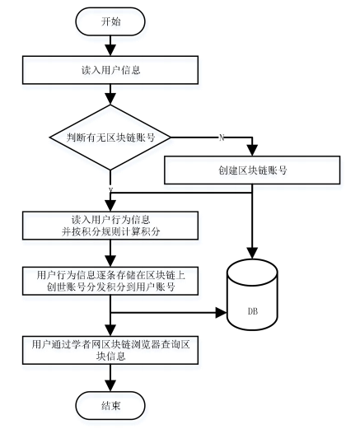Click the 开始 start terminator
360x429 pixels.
[110, 21]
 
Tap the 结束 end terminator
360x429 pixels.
[110, 405]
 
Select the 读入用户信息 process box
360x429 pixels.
[110, 70]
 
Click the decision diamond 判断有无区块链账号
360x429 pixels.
[110, 138]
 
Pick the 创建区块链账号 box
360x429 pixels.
[252, 170]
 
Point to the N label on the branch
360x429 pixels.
[222, 138]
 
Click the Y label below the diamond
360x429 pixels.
[110, 189]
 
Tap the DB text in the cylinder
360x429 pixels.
[253, 311]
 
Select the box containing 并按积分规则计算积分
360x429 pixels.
[110, 226]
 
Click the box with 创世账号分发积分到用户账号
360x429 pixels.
[110, 281]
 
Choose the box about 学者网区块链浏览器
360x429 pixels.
[110, 350]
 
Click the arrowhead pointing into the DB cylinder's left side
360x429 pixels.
[222, 312]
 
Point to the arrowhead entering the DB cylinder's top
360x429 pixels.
[252, 253]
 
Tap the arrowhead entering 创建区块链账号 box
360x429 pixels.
[252, 150]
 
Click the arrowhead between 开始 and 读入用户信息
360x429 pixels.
[110, 50]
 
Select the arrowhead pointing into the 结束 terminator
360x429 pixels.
[110, 385]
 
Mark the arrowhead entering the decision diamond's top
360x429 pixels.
[110, 99]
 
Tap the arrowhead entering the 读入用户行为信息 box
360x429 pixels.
[110, 206]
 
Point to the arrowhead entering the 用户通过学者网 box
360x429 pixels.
[110, 330]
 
